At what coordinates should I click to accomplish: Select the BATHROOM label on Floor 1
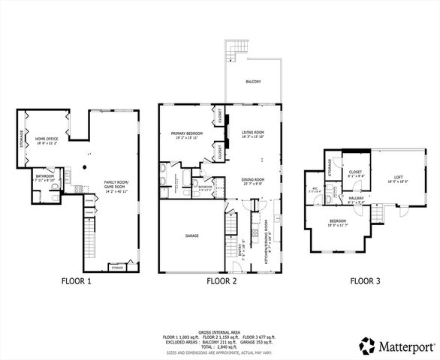[44, 177]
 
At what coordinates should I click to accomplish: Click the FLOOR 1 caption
[77, 282]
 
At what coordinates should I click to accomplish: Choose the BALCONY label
[253, 81]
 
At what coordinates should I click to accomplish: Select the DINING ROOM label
[253, 180]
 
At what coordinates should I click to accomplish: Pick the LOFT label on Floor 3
[399, 178]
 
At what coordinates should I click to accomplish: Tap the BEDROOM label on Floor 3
[337, 221]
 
